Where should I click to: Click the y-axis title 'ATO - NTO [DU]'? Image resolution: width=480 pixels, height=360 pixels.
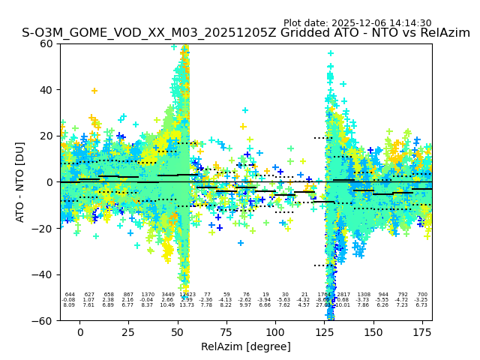pyautogui.click(x=20, y=181)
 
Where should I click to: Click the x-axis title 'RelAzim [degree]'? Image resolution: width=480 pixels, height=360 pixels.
pyautogui.click(x=245, y=346)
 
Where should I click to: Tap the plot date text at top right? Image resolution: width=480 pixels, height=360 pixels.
pyautogui.click(x=357, y=23)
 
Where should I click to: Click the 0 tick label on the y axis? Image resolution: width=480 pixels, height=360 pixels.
pyautogui.click(x=49, y=182)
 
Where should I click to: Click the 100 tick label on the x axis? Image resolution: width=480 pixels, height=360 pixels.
pyautogui.click(x=275, y=332)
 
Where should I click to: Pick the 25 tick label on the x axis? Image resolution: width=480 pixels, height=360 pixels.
pyautogui.click(x=128, y=332)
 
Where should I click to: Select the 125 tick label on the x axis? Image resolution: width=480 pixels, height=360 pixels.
pyautogui.click(x=324, y=332)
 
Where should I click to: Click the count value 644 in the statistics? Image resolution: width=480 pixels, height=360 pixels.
pyautogui.click(x=70, y=295)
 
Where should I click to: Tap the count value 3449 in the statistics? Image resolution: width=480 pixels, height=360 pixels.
pyautogui.click(x=168, y=295)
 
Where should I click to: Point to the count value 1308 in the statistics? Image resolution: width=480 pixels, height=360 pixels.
pyautogui.click(x=364, y=295)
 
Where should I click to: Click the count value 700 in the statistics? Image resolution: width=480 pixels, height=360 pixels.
pyautogui.click(x=422, y=295)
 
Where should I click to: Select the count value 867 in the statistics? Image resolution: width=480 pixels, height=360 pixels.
pyautogui.click(x=128, y=295)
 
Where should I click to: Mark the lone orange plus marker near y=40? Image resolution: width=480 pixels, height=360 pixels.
pyautogui.click(x=94, y=91)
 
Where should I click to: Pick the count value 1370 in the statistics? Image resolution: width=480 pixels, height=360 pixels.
pyautogui.click(x=148, y=295)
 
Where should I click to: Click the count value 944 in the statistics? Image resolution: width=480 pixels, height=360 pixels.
pyautogui.click(x=383, y=295)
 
